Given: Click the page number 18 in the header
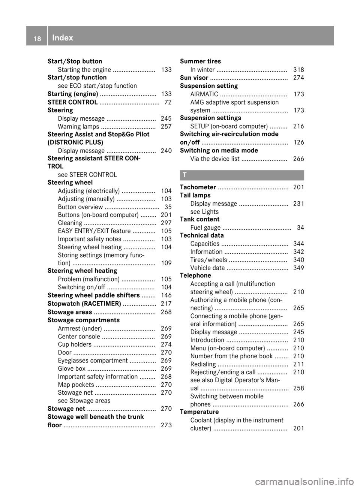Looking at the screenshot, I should click(37, 38).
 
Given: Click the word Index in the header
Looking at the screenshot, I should click(63, 37).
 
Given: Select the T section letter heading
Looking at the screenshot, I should click(185, 175).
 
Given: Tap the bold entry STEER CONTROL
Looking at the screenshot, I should click(73, 102).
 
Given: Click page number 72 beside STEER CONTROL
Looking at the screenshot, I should click(168, 102).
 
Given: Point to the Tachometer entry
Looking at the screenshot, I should click(198, 187).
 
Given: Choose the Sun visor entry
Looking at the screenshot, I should click(194, 78).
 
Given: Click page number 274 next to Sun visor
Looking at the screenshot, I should click(298, 78).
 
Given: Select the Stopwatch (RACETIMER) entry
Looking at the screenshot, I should click(84, 304).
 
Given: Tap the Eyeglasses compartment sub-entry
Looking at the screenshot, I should click(93, 361).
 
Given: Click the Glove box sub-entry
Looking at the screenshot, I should click(72, 368).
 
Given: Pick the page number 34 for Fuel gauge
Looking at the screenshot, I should click(300, 228).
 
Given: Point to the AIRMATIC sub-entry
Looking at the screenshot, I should click(204, 94).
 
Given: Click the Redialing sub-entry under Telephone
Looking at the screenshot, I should click(203, 364).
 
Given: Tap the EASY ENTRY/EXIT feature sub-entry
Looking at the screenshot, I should click(94, 231).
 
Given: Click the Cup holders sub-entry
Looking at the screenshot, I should click(75, 344).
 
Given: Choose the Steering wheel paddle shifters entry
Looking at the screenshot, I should click(94, 295).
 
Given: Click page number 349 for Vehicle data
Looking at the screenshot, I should click(298, 268).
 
